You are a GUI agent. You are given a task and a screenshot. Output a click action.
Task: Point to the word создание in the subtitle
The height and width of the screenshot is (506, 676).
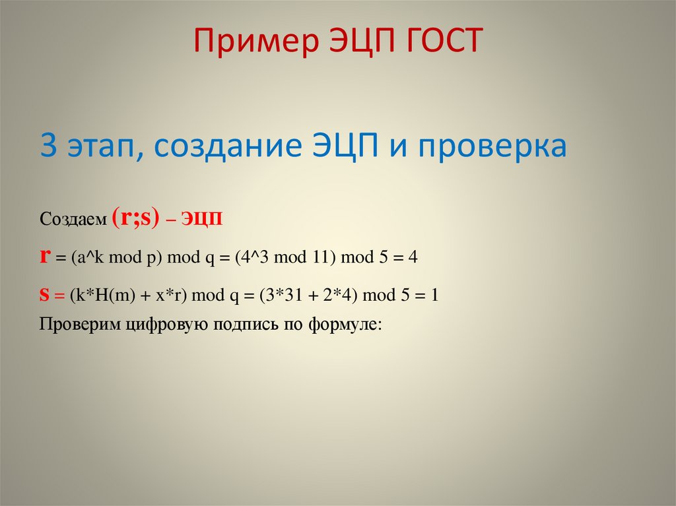[x=227, y=146]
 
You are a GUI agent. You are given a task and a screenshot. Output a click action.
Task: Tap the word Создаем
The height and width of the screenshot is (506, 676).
[x=73, y=220]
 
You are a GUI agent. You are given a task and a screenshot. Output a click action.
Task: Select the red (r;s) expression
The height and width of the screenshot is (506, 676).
[x=135, y=218]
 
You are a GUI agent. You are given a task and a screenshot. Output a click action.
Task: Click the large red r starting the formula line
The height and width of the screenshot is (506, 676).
[x=45, y=257]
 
